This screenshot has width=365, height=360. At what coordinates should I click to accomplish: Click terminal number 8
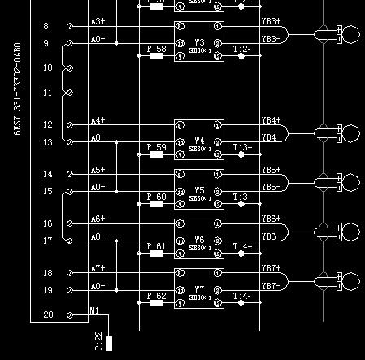pyautogui.click(x=46, y=27)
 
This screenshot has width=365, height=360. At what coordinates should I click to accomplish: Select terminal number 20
pyautogui.click(x=48, y=314)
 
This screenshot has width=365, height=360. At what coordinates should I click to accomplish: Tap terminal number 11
pyautogui.click(x=47, y=93)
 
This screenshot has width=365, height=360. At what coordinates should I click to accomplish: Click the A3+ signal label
pyautogui.click(x=98, y=21)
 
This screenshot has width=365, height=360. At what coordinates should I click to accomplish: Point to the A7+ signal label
pyautogui.click(x=98, y=268)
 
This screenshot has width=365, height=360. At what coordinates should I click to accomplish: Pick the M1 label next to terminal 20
pyautogui.click(x=94, y=310)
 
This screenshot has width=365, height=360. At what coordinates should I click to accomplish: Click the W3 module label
pyautogui.click(x=200, y=41)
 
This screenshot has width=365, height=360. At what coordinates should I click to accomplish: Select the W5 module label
pyautogui.click(x=200, y=190)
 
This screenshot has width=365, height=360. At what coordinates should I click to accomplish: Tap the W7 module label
pyautogui.click(x=200, y=289)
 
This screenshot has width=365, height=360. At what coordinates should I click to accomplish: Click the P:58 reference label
pyautogui.click(x=156, y=49)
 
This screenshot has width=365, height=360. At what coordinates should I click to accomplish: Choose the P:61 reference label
pyautogui.click(x=156, y=246)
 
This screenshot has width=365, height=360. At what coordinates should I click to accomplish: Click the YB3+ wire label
pyautogui.click(x=271, y=21)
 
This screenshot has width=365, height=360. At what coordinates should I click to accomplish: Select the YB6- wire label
pyautogui.click(x=271, y=236)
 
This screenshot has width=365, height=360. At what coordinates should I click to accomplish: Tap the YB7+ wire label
pyautogui.click(x=271, y=268)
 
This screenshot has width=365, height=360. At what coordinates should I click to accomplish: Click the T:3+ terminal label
pyautogui.click(x=242, y=148)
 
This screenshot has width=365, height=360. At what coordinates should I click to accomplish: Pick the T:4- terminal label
pyautogui.click(x=242, y=296)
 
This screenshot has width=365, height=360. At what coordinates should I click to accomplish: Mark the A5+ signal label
pyautogui.click(x=98, y=170)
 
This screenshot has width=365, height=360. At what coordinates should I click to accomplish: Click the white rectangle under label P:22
pyautogui.click(x=109, y=342)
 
